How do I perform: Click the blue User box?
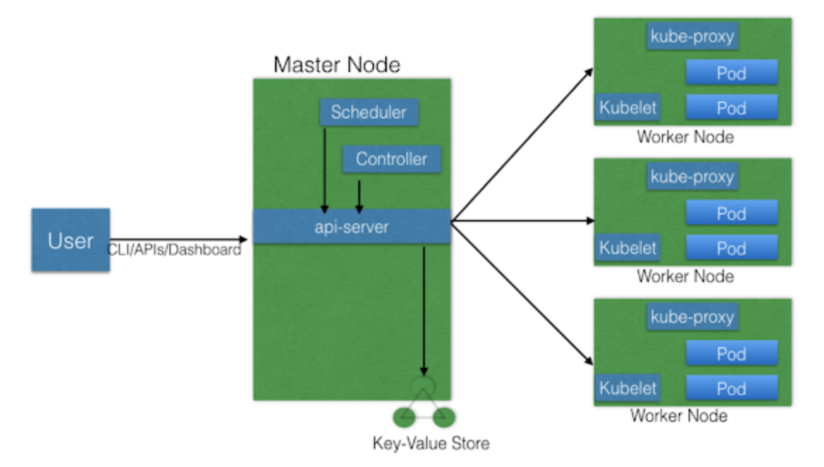[x=71, y=240]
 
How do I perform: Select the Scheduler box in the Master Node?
[x=368, y=112]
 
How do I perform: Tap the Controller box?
[x=392, y=159]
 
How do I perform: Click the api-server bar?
[x=351, y=226]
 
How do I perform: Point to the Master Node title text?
[x=337, y=65]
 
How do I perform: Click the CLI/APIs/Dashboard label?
[x=174, y=250]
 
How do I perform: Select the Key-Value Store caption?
[x=430, y=444]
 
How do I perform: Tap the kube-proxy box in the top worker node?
[x=692, y=36]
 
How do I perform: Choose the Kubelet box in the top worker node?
[x=628, y=108]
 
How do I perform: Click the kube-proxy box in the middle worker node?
[x=692, y=176]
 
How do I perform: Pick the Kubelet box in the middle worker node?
[x=628, y=248]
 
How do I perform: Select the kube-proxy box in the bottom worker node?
[x=692, y=317]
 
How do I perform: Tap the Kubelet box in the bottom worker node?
[x=628, y=387]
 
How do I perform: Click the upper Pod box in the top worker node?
[x=732, y=73]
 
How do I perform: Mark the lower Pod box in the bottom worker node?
[x=732, y=387]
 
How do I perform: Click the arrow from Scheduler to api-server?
[x=324, y=169]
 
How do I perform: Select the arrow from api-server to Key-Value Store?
[x=423, y=310]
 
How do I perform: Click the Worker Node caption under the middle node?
[x=684, y=276]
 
